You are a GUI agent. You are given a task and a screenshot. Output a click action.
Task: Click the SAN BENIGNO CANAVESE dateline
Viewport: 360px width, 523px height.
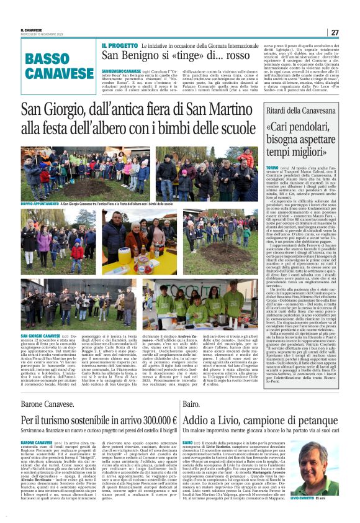120,72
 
